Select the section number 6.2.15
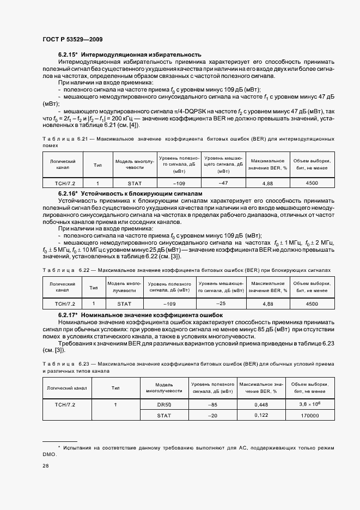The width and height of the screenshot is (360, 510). [x=68, y=54]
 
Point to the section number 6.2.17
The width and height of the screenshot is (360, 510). [x=68, y=315]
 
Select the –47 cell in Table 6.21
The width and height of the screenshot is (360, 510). [x=223, y=183]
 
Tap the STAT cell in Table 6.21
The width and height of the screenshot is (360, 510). [x=134, y=184]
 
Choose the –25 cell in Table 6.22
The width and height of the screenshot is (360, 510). [x=221, y=303]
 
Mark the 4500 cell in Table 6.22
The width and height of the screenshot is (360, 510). [x=312, y=303]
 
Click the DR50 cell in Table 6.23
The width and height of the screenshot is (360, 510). [x=164, y=404]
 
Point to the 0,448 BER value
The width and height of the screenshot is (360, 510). [x=261, y=405]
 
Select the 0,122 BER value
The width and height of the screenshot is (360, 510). [x=261, y=415]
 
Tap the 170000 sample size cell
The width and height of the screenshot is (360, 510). [x=310, y=416]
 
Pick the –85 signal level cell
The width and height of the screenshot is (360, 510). [x=213, y=405]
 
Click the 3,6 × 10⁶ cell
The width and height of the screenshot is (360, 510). [x=310, y=404]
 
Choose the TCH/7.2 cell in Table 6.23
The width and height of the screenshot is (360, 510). [x=65, y=405]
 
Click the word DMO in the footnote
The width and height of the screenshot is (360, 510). [x=50, y=453]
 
